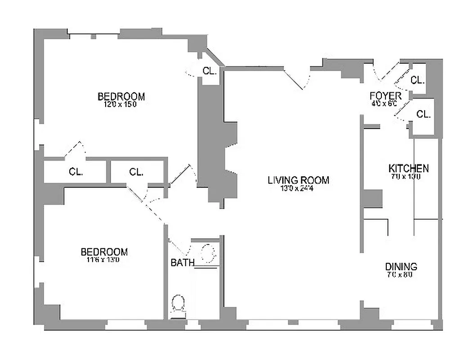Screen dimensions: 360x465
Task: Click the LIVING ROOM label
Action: [x=298, y=180]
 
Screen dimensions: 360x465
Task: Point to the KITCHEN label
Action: [x=408, y=168]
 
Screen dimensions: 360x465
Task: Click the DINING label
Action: [x=401, y=266]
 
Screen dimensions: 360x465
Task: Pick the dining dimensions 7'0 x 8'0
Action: [x=399, y=274]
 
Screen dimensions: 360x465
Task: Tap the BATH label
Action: [x=182, y=262]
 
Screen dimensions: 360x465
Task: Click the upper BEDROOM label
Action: [x=121, y=96]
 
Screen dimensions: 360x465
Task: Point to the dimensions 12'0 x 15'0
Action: [x=120, y=104]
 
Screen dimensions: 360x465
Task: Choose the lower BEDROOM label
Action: [x=104, y=252]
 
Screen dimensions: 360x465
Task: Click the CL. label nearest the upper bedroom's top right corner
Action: [x=210, y=71]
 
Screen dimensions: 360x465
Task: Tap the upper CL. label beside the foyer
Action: [x=417, y=81]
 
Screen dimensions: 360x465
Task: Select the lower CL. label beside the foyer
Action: [x=423, y=114]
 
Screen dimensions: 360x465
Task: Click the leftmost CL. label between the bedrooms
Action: [x=76, y=171]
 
